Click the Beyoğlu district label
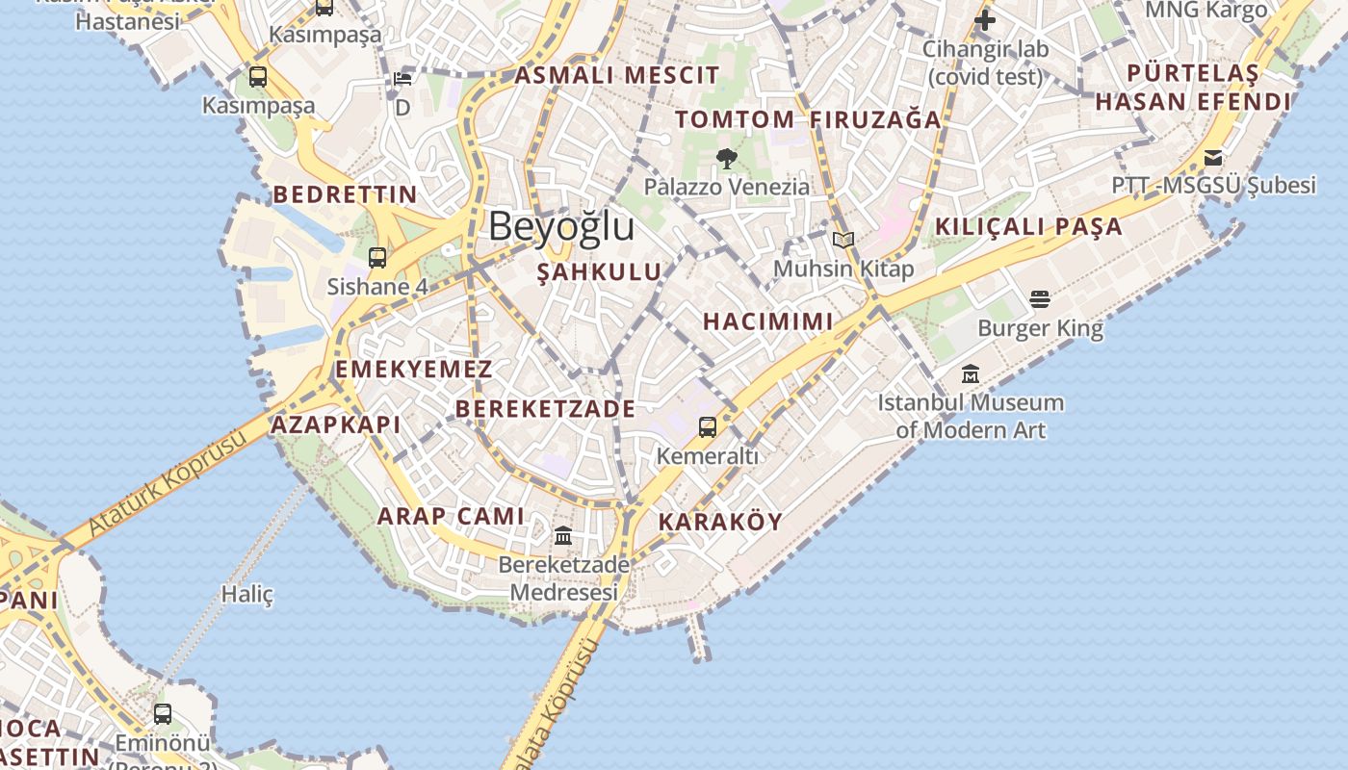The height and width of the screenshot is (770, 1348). (x=561, y=227)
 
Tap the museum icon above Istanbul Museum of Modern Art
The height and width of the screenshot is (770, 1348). (x=971, y=373)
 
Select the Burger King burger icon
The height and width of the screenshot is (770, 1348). (x=1040, y=299)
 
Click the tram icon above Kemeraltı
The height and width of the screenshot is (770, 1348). (x=708, y=426)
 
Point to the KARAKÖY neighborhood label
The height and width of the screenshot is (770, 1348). (x=720, y=522)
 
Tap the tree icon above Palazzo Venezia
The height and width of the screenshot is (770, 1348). (x=727, y=158)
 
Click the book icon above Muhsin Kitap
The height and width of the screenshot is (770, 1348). (x=843, y=240)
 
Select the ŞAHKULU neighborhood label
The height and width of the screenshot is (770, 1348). (x=600, y=272)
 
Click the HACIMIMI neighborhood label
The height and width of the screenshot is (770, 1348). (x=767, y=321)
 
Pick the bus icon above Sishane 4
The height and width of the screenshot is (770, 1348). (x=377, y=258)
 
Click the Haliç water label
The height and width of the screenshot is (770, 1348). (x=247, y=594)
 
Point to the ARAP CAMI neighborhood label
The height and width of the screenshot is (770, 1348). (x=451, y=516)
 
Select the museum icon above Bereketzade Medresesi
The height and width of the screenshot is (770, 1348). (x=563, y=535)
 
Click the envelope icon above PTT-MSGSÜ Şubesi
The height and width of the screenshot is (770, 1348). (x=1213, y=157)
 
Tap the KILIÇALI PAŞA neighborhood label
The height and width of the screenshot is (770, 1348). (x=1029, y=227)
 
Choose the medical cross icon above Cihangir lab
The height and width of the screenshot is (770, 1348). (x=984, y=19)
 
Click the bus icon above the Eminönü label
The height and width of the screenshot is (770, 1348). (x=163, y=714)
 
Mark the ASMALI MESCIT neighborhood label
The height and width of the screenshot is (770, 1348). (x=617, y=75)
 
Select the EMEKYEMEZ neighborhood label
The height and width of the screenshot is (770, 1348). (x=414, y=370)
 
